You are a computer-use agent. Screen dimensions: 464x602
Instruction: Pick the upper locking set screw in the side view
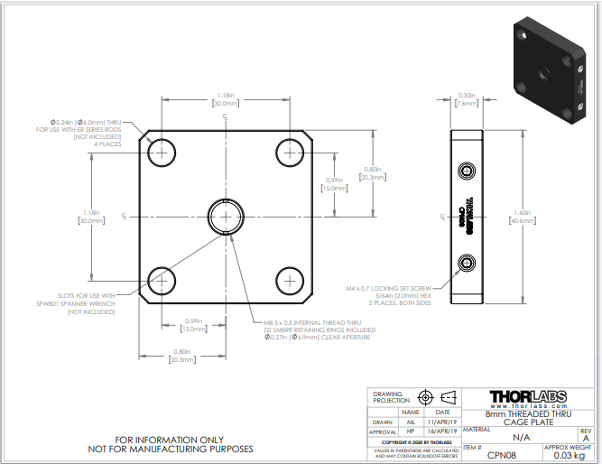click(468, 171)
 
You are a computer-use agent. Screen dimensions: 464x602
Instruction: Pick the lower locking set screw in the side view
click(468, 263)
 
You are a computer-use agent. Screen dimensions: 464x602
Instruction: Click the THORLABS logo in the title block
click(528, 397)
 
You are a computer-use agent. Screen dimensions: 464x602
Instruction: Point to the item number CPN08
click(501, 455)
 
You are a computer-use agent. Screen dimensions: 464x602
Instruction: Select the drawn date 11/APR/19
click(442, 422)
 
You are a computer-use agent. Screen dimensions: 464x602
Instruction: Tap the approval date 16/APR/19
click(442, 432)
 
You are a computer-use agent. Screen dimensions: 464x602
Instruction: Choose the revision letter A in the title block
click(585, 438)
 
